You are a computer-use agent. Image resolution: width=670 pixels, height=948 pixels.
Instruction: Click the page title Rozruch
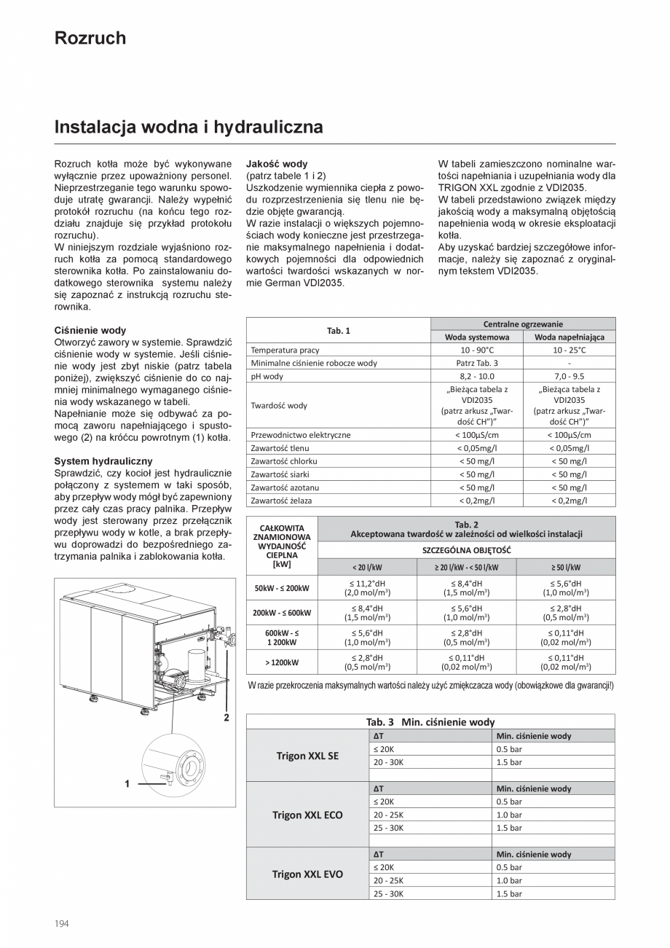click(x=90, y=38)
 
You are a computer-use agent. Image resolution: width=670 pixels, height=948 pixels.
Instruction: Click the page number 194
click(x=62, y=923)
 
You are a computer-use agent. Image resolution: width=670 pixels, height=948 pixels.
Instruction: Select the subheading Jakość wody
click(x=277, y=164)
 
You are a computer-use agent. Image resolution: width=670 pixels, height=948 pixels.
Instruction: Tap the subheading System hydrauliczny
click(x=103, y=461)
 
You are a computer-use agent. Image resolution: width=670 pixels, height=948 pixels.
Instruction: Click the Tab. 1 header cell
click(x=338, y=330)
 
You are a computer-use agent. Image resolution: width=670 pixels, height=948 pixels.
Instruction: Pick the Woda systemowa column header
click(x=477, y=337)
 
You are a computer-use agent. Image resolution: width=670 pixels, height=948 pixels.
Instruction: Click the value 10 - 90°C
click(x=477, y=350)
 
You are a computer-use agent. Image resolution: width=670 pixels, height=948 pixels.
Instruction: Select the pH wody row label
click(x=267, y=376)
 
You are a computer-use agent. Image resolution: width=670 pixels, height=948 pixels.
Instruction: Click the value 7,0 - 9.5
click(x=569, y=376)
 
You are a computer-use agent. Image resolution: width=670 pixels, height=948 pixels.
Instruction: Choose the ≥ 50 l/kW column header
click(x=565, y=567)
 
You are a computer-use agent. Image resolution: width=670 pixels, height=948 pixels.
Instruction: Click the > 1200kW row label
click(x=282, y=662)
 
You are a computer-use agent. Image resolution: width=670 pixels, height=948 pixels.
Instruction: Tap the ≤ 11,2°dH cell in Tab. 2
click(x=367, y=588)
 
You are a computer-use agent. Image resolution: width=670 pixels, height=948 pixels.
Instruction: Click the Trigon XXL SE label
click(x=307, y=756)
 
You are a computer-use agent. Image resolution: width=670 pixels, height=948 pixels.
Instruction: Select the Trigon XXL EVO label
click(x=307, y=874)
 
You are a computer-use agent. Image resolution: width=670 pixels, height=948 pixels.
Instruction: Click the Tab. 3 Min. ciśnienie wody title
click(x=430, y=721)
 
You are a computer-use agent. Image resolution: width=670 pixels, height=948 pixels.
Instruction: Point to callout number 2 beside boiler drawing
click(x=226, y=718)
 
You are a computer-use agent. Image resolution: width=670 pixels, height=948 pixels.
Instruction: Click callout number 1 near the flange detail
click(x=127, y=784)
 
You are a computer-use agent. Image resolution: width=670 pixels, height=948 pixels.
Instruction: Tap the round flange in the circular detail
click(x=192, y=769)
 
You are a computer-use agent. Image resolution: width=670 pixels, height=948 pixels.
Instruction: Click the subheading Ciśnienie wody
click(x=90, y=330)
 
